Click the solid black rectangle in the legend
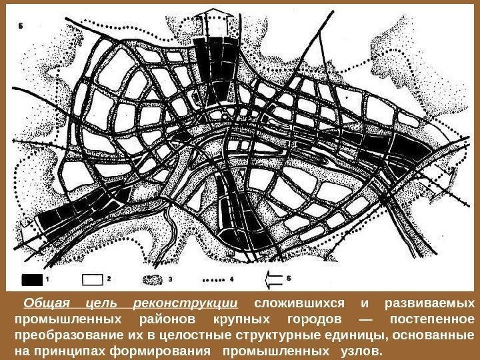tap(33, 277)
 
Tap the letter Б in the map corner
tap(22, 27)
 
